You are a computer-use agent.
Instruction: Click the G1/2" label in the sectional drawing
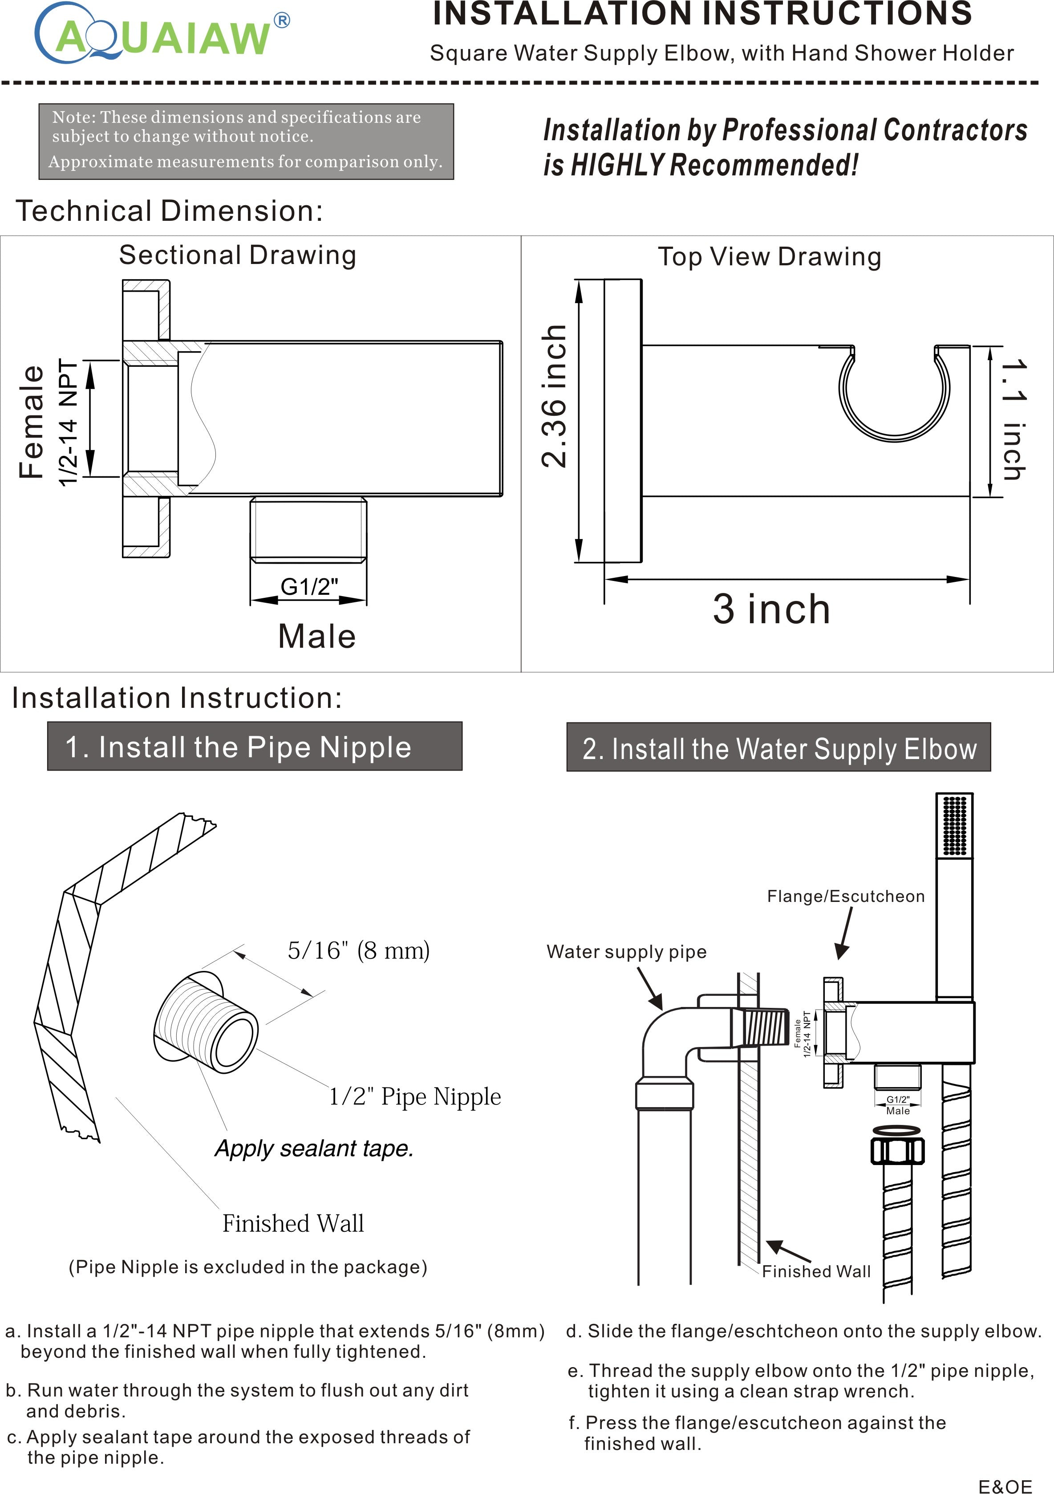pyautogui.click(x=309, y=587)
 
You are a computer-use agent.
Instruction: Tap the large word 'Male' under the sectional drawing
pyautogui.click(x=317, y=637)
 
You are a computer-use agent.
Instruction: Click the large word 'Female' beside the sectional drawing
pyautogui.click(x=31, y=422)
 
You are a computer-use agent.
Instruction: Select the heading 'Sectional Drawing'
pyautogui.click(x=238, y=255)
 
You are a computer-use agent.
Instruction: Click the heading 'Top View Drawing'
pyautogui.click(x=770, y=256)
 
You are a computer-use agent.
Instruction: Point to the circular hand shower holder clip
pyautogui.click(x=894, y=394)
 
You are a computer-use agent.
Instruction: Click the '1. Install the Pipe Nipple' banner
pyautogui.click(x=255, y=747)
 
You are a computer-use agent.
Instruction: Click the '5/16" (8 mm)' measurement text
pyautogui.click(x=358, y=951)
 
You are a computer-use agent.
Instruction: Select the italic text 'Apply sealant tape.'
pyautogui.click(x=314, y=1149)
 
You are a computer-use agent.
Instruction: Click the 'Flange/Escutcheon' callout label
pyautogui.click(x=846, y=896)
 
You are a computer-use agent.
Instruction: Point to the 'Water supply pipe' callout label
pyautogui.click(x=626, y=951)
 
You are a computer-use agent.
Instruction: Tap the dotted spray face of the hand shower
pyautogui.click(x=954, y=825)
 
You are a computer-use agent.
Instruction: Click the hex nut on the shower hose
pyautogui.click(x=897, y=1151)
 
